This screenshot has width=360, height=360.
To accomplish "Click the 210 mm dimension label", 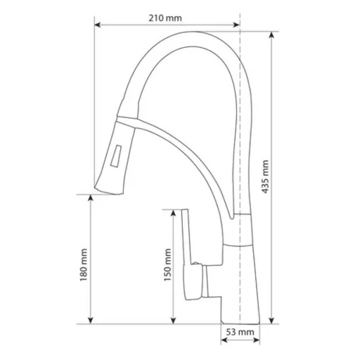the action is click(165, 18).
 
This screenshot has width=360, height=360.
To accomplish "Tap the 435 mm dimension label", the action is click(265, 176).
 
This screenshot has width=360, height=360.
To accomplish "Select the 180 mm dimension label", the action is click(84, 265).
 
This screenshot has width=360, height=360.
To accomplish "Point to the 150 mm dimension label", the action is click(167, 265).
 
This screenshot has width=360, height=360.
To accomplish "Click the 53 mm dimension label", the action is click(240, 332).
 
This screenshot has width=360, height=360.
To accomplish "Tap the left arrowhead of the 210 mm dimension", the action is click(97, 25).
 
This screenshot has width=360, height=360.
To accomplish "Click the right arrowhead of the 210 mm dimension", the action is click(236, 25).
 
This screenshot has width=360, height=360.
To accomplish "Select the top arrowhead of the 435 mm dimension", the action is click(271, 35).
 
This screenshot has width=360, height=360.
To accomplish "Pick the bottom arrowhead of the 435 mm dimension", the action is click(271, 321).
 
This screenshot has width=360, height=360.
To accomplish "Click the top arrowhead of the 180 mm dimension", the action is click(91, 198).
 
